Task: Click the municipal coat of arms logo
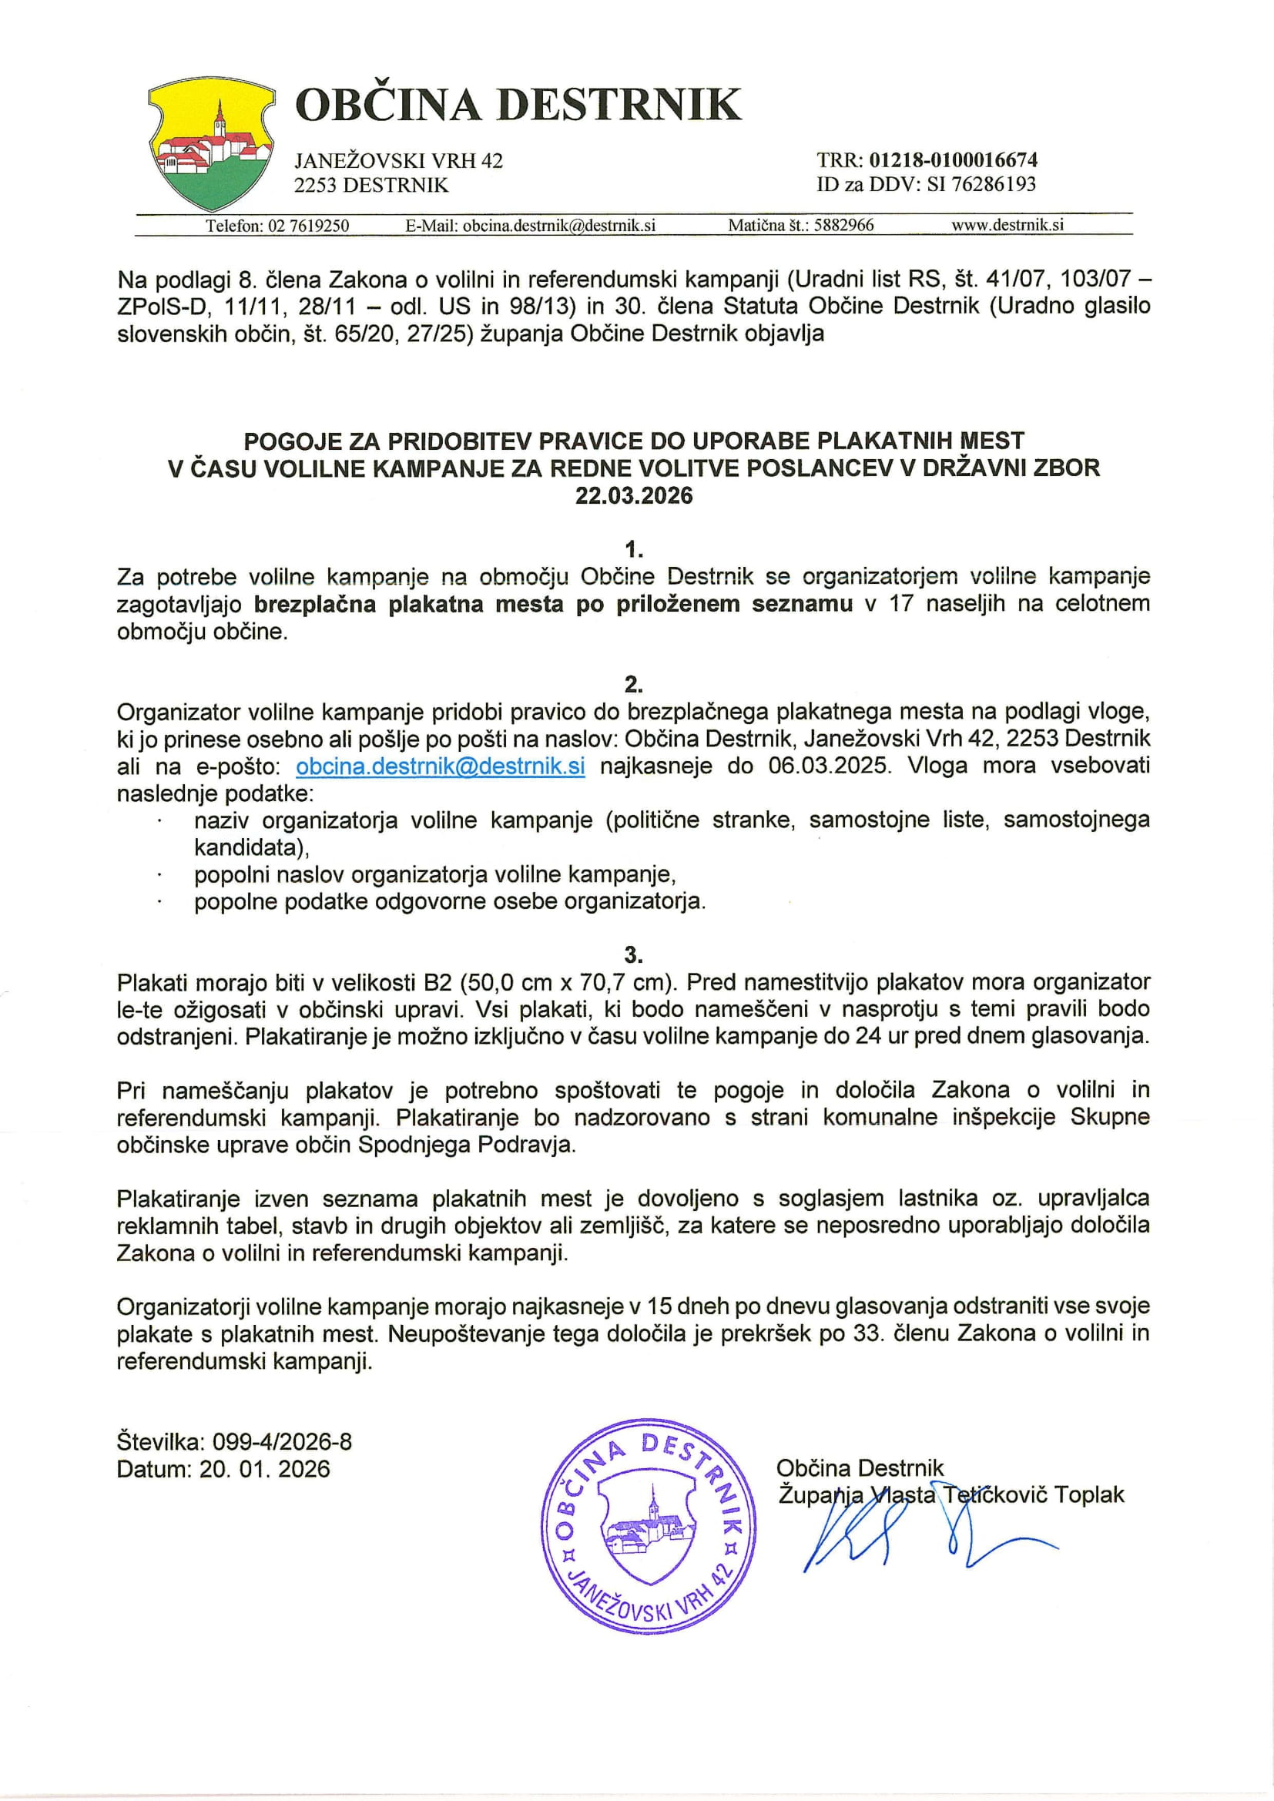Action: coord(210,143)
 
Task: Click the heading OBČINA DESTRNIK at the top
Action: coord(518,105)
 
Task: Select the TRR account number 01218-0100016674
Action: coord(954,160)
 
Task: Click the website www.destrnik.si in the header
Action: coord(1007,225)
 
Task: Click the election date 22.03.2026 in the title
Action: coord(634,496)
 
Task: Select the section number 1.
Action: coord(634,549)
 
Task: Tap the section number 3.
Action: coord(634,954)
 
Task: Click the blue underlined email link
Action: coord(440,766)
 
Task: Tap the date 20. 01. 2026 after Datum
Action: coord(264,1469)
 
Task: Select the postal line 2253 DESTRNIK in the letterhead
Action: coord(371,185)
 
